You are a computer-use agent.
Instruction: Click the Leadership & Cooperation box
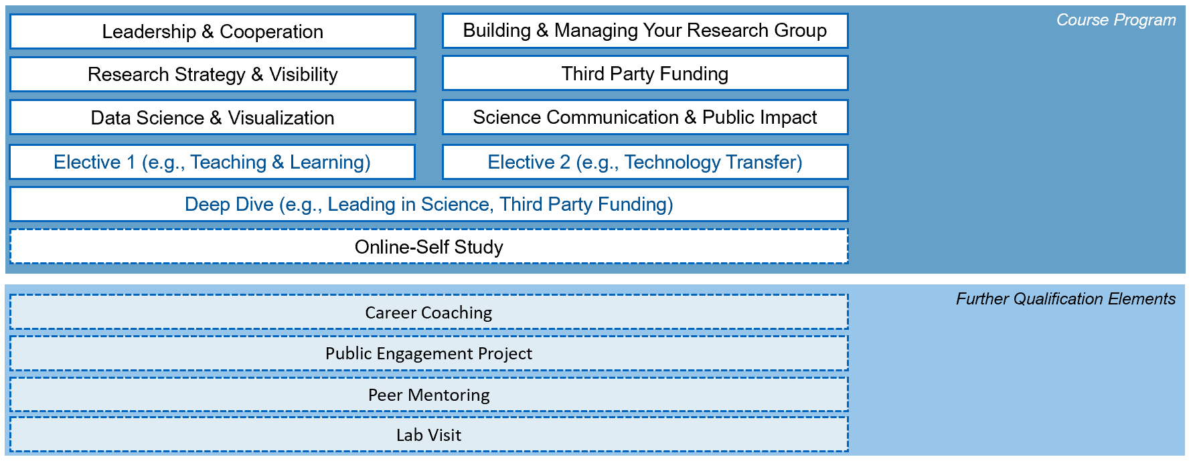pos(213,31)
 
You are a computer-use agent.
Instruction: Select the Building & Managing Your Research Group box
pos(645,31)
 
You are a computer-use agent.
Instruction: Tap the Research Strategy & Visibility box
pos(213,74)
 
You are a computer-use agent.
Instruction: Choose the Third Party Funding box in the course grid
pos(645,74)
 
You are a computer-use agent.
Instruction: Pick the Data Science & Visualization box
pos(213,118)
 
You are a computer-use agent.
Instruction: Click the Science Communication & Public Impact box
pos(645,117)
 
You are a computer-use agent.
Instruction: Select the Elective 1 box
pos(213,162)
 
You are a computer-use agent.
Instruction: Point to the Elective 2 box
pos(645,162)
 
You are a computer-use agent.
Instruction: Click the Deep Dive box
pos(429,204)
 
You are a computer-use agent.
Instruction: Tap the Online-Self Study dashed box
pos(429,247)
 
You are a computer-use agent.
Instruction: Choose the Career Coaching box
pos(429,312)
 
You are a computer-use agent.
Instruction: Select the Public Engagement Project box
pos(429,353)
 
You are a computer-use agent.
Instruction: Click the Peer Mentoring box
pos(429,395)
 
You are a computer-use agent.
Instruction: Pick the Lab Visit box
pos(429,435)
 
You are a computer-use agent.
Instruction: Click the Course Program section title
pos(1116,20)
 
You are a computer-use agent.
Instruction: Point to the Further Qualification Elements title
pos(1066,298)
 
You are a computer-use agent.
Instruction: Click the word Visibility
pos(303,74)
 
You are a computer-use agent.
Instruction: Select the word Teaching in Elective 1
pos(228,163)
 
